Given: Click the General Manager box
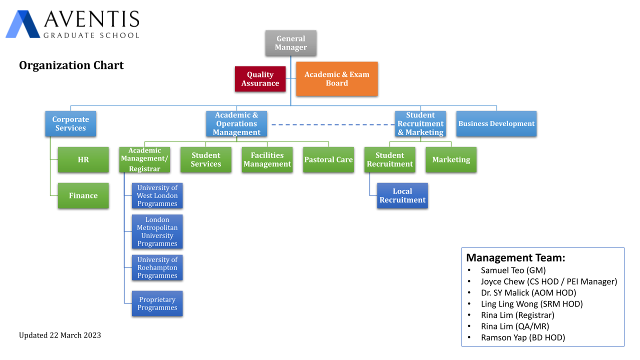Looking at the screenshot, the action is coord(290,43).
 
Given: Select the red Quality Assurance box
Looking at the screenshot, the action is coord(260,79).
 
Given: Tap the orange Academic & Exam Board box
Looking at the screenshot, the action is coord(337,79).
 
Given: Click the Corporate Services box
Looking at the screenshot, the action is coord(70,123).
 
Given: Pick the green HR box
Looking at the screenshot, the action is coord(83,159).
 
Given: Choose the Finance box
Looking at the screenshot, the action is coord(83,195).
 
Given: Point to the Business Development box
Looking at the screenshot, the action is coord(496,123).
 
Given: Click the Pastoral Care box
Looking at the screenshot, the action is coord(328,159).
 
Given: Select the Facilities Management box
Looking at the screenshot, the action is coord(267,159).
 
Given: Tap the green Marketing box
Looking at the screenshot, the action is coord(451,159).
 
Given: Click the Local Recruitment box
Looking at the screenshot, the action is coord(402,195).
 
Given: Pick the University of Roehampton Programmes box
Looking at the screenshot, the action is coord(157,267).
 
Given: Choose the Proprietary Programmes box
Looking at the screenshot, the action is coord(157,303).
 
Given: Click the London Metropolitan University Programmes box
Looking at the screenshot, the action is coord(157,231).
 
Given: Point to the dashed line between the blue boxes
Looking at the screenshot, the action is coord(333,124).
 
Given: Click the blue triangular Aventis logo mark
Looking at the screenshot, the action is coord(23,24).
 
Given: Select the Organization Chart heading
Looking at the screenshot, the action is coord(71,65).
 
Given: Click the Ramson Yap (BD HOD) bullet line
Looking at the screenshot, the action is coord(516,337).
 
